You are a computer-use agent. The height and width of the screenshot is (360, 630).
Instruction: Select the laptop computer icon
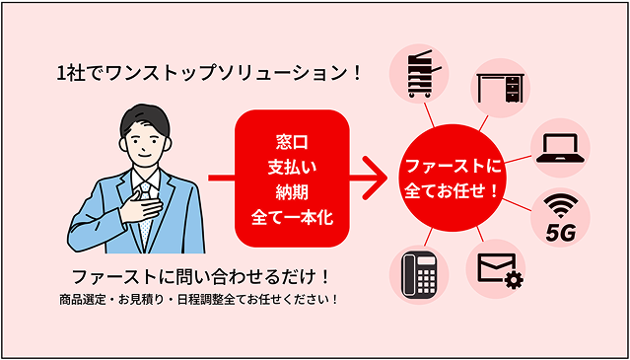coord(559,148)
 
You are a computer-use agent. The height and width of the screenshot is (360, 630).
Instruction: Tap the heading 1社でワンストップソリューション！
coord(209,73)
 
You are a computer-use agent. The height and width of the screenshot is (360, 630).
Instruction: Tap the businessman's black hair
coord(142,116)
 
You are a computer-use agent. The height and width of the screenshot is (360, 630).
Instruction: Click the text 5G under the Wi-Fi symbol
coord(560,235)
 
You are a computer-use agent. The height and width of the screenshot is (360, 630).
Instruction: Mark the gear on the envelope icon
coord(514,282)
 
